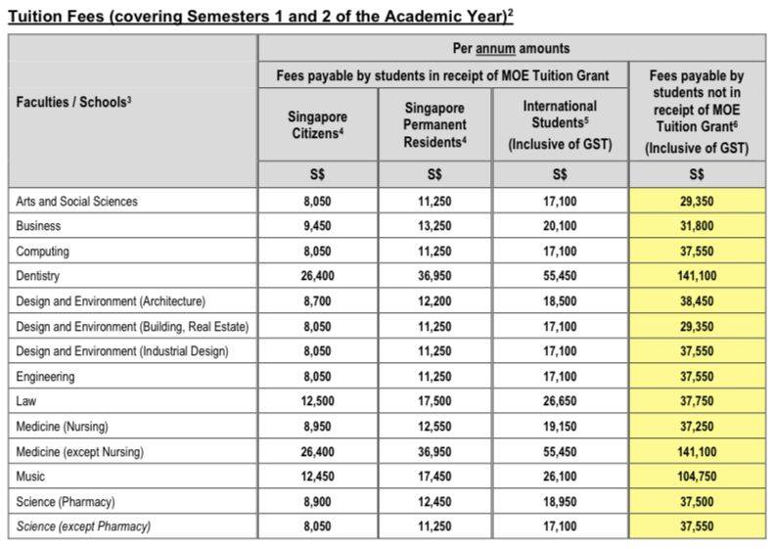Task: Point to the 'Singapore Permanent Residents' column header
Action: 434,124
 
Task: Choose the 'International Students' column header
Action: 560,124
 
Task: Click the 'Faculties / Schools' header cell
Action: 74,102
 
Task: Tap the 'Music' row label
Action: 30,477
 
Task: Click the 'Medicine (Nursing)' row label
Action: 62,427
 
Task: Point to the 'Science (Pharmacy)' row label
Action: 66,502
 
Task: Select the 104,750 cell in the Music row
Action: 697,477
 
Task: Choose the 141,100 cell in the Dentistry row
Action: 697,277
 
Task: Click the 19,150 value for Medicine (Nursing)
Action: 560,427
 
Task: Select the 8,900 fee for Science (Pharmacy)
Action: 318,502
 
